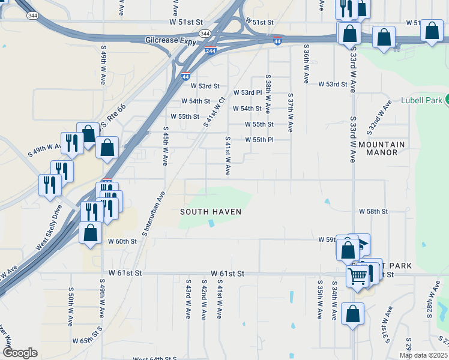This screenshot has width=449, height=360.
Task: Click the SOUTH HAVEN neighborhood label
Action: (x=211, y=212)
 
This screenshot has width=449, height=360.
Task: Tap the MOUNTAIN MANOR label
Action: (x=382, y=148)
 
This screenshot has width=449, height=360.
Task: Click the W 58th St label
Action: (x=373, y=212)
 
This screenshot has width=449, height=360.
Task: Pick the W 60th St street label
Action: (x=122, y=241)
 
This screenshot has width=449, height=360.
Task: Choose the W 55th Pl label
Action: (x=259, y=140)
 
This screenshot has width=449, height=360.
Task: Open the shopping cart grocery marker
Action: (x=358, y=277)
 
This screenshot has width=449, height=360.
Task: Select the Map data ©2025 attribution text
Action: (x=423, y=355)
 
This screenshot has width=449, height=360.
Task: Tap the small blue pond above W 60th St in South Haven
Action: (x=211, y=223)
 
